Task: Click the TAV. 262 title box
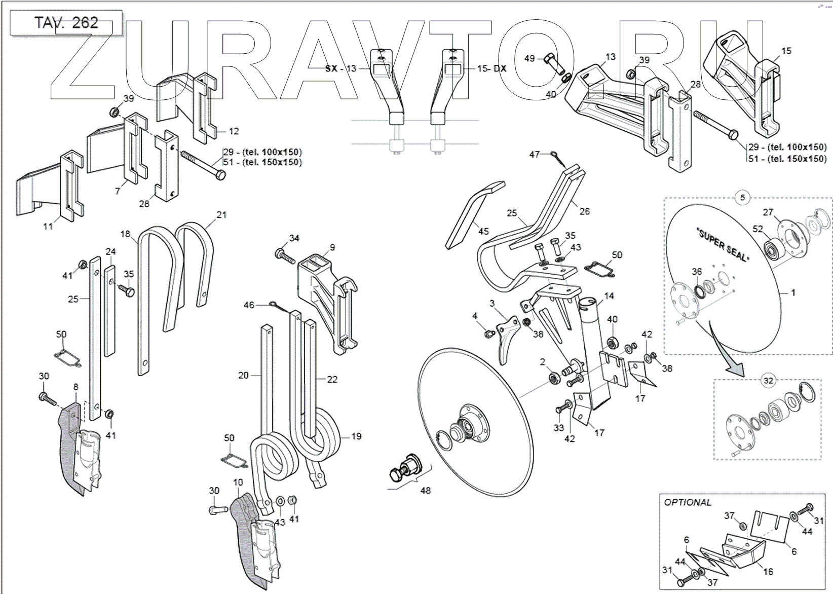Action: coord(66,23)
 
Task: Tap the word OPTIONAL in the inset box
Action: coord(688,502)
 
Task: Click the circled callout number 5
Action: coord(742,198)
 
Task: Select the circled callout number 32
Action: coord(768,380)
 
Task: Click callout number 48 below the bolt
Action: coord(426,490)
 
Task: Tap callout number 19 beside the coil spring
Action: coord(356,436)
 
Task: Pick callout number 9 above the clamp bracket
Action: coord(332,247)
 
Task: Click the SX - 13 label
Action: coord(340,68)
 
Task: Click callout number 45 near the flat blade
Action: coord(483,231)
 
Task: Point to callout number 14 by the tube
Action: coord(609,296)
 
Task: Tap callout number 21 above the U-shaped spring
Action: coord(221,215)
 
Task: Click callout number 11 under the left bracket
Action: coord(48,226)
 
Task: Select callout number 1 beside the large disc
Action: coord(793,292)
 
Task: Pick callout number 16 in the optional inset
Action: coord(768,571)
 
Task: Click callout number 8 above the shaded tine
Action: coord(75,387)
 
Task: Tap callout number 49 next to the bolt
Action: coord(529,59)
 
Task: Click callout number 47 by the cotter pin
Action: coord(535,154)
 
